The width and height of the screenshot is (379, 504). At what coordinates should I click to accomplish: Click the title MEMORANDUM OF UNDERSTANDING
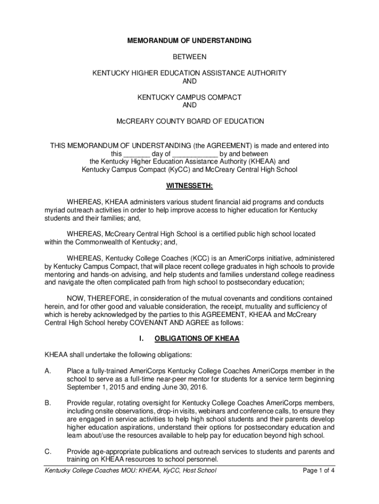tap(189, 40)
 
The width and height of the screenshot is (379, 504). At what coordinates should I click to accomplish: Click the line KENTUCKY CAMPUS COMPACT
tap(189, 97)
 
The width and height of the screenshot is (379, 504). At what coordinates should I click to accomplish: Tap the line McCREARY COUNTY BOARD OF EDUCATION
tap(189, 121)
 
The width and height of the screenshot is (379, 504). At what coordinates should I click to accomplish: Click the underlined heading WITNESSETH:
tap(189, 186)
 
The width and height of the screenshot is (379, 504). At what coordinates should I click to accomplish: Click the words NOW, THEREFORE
tap(97, 298)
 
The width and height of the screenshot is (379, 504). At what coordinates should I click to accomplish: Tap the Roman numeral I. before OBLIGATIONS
tap(141, 339)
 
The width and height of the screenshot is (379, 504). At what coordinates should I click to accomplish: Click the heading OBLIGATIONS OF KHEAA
tap(197, 339)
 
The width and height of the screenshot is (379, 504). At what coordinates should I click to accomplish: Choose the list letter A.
tap(48, 371)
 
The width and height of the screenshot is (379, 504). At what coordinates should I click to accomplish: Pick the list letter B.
tap(48, 403)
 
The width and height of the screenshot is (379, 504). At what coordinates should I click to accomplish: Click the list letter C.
tap(48, 451)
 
